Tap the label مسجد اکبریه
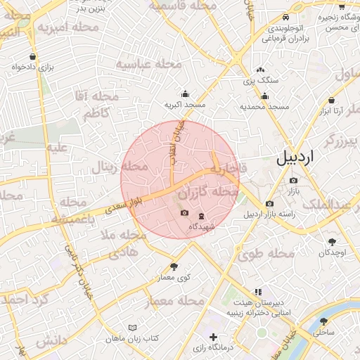pyautogui.click(x=185, y=105)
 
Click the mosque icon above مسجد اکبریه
pyautogui.click(x=185, y=94)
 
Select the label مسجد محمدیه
pyautogui.click(x=264, y=106)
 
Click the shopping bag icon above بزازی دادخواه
pyautogui.click(x=33, y=56)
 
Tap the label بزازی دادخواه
pyautogui.click(x=32, y=67)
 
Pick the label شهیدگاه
pyautogui.click(x=200, y=226)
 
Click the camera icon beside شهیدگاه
pyautogui.click(x=185, y=213)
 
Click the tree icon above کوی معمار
pyautogui.click(x=174, y=266)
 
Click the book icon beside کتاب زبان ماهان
pyautogui.click(x=133, y=328)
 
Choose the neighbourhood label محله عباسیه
pyautogui.click(x=148, y=65)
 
